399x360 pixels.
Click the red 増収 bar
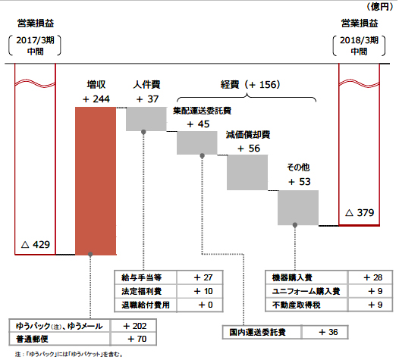coord(96,181)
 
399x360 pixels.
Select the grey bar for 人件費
coord(146,119)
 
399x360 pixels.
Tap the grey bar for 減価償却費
coord(247,172)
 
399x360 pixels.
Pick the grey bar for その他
coord(298,208)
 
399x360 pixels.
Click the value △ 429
coord(36,245)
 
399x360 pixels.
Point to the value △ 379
coord(360,212)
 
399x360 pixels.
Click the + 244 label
coord(96,99)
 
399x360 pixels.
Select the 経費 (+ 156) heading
coord(250,85)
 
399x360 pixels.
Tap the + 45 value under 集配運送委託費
coord(198,124)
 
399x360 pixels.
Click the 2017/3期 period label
coord(36,40)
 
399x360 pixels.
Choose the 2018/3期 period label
coord(359,40)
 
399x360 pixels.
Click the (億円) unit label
coord(380,7)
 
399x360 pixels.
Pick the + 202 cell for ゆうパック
coord(134,326)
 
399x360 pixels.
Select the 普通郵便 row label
coord(32,339)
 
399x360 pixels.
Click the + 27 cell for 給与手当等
coord(199,277)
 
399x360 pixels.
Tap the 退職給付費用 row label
coord(146,305)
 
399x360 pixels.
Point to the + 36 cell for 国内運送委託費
coord(325,332)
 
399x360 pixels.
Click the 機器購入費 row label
coord(292,277)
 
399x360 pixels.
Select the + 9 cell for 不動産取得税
coord(370,305)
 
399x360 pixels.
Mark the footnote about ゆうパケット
coord(69,354)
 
